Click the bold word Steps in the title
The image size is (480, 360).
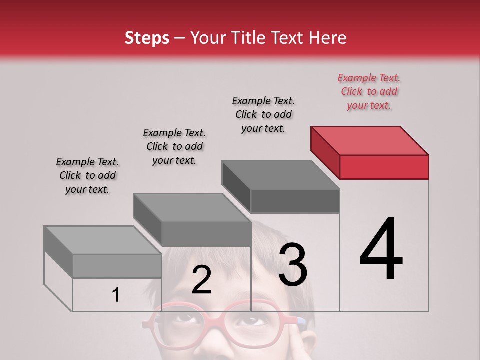[x=147, y=38]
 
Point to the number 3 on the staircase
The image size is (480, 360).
[x=293, y=265]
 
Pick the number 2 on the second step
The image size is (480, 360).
[x=201, y=280]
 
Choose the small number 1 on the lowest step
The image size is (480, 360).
[x=116, y=295]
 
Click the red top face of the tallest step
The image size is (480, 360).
[x=370, y=140]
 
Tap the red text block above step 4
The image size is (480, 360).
[x=369, y=91]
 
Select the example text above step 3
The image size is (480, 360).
[x=263, y=114]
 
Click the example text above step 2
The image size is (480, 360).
[x=174, y=146]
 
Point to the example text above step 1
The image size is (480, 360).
[x=87, y=175]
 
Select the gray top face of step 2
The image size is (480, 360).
[x=192, y=207]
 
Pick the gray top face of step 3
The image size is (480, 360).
[x=280, y=175]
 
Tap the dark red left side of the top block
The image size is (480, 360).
[x=325, y=152]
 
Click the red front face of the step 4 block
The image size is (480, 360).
[x=384, y=167]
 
